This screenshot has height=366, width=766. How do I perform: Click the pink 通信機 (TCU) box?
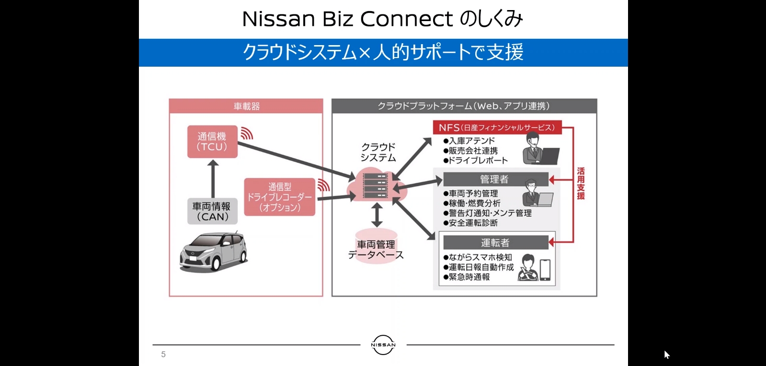pyautogui.click(x=212, y=142)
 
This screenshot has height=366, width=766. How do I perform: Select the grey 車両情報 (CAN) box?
pyautogui.click(x=212, y=212)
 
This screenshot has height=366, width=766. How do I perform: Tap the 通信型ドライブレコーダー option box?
pyautogui.click(x=280, y=197)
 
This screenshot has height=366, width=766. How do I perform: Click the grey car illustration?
pyautogui.click(x=213, y=252)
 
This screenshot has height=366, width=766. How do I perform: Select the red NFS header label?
pyautogui.click(x=497, y=128)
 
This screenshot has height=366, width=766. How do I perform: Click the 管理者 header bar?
pyautogui.click(x=495, y=179)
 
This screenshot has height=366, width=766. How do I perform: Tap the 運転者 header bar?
pyautogui.click(x=495, y=243)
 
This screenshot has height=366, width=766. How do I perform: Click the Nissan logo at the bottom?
pyautogui.click(x=383, y=344)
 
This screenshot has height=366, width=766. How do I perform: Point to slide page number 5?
pyautogui.click(x=163, y=354)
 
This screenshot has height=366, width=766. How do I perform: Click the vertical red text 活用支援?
pyautogui.click(x=581, y=183)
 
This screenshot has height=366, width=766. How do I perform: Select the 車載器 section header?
pyautogui.click(x=246, y=106)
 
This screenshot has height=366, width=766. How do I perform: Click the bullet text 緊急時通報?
pyautogui.click(x=469, y=277)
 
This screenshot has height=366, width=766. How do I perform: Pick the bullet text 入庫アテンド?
pyautogui.click(x=471, y=141)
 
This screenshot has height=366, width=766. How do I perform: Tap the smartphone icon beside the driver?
pyautogui.click(x=545, y=270)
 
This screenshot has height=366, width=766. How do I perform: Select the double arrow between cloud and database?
pyautogui.click(x=377, y=214)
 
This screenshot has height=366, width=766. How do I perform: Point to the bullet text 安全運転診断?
pyautogui.click(x=473, y=223)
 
